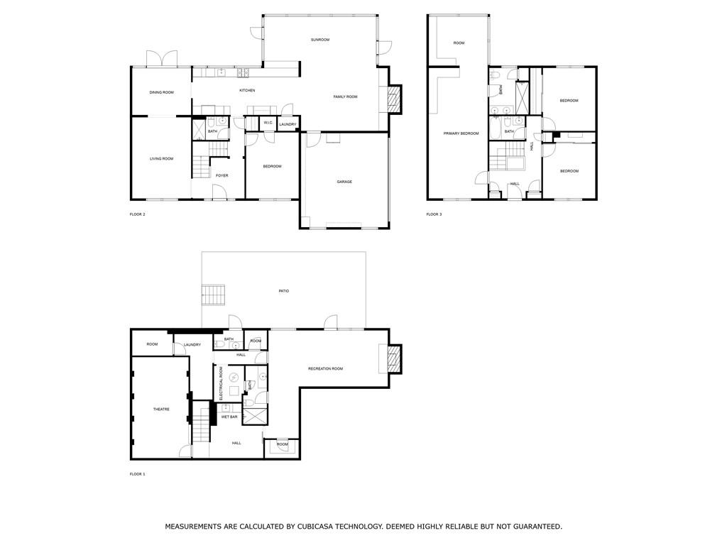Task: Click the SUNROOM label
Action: click(320, 40)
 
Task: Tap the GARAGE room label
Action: click(344, 182)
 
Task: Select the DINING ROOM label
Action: click(162, 92)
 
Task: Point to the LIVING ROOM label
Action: click(161, 158)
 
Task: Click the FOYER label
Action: click(222, 176)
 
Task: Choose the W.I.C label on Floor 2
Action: click(268, 122)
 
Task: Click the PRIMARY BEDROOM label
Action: click(461, 133)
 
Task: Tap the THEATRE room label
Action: click(161, 409)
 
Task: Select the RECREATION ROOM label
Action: click(325, 368)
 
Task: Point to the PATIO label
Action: click(284, 291)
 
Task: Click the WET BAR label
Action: click(229, 417)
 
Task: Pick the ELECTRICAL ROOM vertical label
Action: click(222, 383)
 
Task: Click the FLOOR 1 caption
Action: click(137, 474)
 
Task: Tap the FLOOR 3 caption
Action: click(434, 214)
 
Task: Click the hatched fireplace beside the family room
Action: click(394, 99)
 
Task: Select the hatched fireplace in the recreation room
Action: click(394, 358)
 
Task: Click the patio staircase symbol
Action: click(213, 295)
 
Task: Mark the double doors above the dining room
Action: click(162, 59)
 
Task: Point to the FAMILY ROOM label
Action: click(346, 97)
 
